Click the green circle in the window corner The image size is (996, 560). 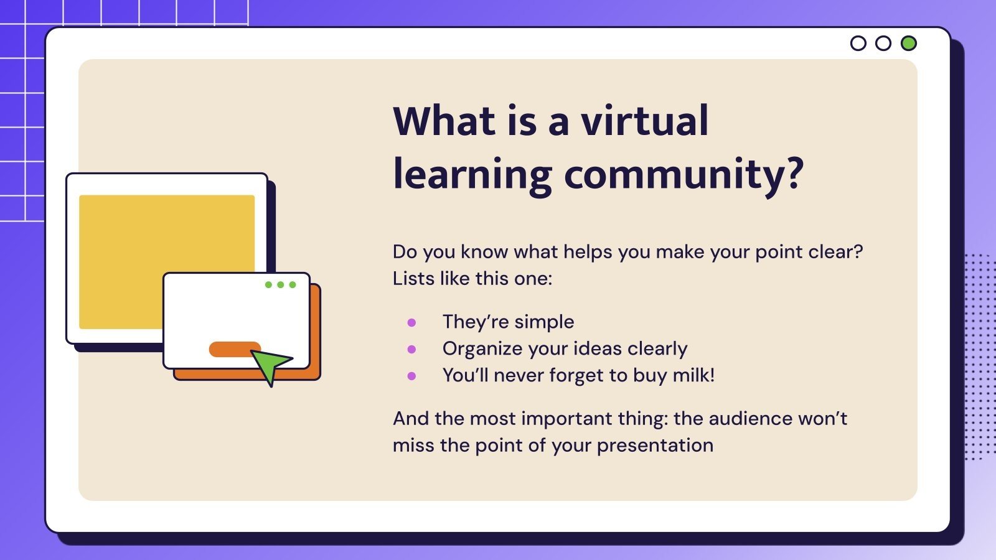click(908, 43)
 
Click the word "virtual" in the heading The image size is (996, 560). click(645, 121)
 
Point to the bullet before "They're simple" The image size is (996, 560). click(411, 322)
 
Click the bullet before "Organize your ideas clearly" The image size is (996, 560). click(411, 349)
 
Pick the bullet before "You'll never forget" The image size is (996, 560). click(411, 376)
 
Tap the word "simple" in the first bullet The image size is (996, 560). click(543, 322)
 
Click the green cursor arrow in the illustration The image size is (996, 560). click(270, 365)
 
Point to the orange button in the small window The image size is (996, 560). click(232, 349)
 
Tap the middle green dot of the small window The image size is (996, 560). click(280, 284)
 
